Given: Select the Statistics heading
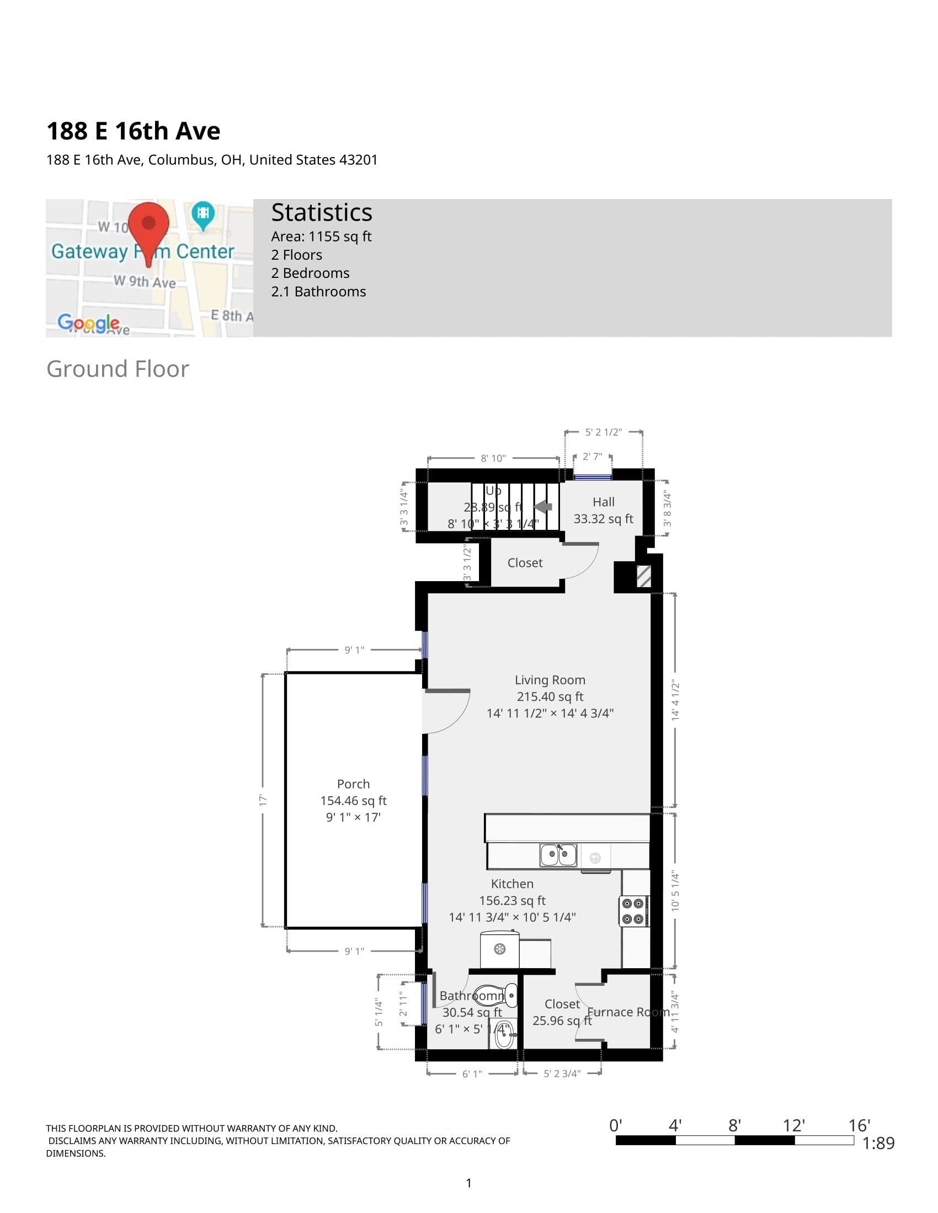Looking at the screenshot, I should (321, 213).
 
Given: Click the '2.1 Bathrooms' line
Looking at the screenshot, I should (318, 292).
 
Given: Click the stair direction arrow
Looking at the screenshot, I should (543, 507).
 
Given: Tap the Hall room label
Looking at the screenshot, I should (603, 502).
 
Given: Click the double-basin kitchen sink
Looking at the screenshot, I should (558, 855).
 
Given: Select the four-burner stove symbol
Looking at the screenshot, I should (633, 911).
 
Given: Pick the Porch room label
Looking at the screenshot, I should (353, 783).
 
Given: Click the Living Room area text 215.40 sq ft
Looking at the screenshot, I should (550, 696).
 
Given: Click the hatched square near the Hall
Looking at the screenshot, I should (643, 576).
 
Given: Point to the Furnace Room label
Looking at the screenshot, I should (628, 1012).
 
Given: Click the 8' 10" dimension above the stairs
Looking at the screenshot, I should (493, 458).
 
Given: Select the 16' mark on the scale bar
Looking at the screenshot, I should (859, 1126).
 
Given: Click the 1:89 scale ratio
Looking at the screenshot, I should (878, 1143).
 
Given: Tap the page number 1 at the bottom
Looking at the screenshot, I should (468, 1183).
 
